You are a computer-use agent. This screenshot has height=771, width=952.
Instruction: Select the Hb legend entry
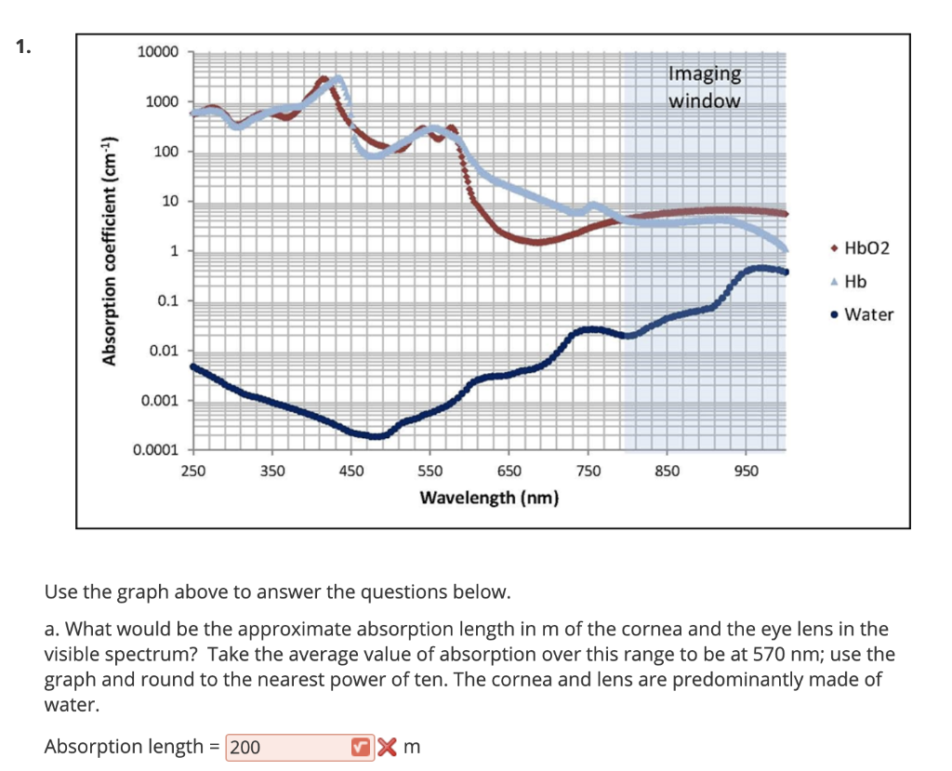pyautogui.click(x=854, y=281)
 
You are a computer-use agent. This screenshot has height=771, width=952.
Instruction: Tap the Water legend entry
pyautogui.click(x=867, y=314)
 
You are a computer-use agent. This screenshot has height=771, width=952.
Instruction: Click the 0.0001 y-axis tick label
pyautogui.click(x=155, y=451)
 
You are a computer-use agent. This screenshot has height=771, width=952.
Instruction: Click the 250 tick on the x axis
pyautogui.click(x=192, y=472)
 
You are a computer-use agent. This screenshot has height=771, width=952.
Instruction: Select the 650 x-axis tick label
pyautogui.click(x=509, y=472)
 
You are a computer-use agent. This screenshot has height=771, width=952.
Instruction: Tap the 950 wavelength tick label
pyautogui.click(x=746, y=472)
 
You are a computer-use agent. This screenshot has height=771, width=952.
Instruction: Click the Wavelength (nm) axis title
pyautogui.click(x=489, y=498)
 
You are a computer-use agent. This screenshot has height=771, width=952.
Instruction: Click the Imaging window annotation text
pyautogui.click(x=705, y=86)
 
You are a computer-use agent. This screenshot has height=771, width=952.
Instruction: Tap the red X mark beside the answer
pyautogui.click(x=389, y=747)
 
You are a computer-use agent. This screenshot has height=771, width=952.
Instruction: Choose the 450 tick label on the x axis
pyautogui.click(x=350, y=472)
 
